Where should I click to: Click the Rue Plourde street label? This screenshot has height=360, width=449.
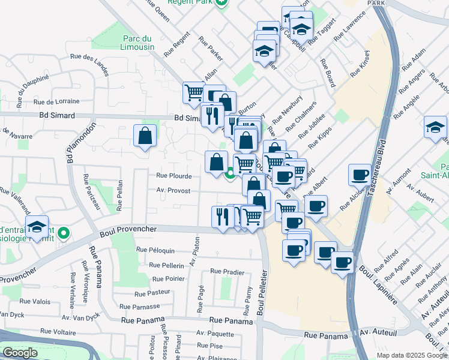[x=173, y=176]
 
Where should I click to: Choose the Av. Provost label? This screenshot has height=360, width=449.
[x=173, y=191]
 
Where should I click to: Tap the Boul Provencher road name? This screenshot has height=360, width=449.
[x=128, y=229]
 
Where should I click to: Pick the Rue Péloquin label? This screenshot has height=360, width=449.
[x=155, y=250]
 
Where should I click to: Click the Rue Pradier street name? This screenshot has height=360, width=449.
[x=227, y=272]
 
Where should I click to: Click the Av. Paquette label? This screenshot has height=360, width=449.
[x=215, y=334]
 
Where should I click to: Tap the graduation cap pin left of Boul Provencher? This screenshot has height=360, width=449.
[x=37, y=226]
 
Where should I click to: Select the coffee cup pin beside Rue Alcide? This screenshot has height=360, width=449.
[x=360, y=174]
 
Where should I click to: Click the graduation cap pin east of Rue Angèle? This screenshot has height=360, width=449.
[x=435, y=127]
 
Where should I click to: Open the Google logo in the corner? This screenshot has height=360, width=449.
[x=20, y=353]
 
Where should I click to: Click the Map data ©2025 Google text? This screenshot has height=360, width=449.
[x=412, y=355]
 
